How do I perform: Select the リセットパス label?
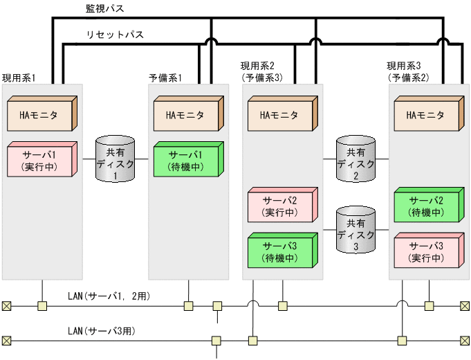coord(115,34)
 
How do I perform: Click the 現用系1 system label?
coord(19,77)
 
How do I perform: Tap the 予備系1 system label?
coord(165,77)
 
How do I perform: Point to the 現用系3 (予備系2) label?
coord(407,71)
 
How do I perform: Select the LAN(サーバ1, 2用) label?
coord(109,296)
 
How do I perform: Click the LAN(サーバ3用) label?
coord(101,332)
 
